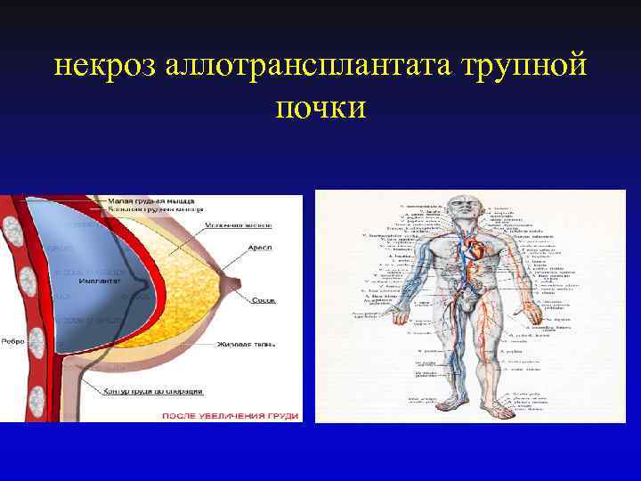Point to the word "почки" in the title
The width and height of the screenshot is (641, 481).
point(320,107)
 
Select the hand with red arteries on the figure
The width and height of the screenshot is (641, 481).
point(533,317)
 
